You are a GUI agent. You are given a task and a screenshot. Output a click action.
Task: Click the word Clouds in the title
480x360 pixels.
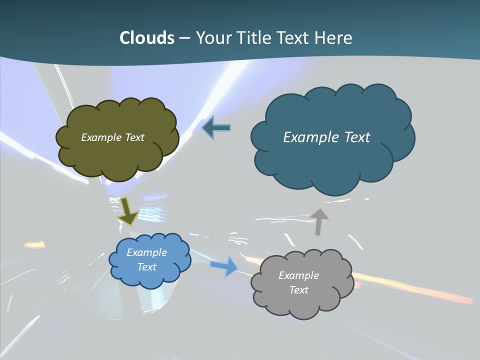click(146, 38)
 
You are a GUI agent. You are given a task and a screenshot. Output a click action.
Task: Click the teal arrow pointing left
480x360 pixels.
click(216, 128)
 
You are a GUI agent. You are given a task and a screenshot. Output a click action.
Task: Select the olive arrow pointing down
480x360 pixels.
click(127, 210)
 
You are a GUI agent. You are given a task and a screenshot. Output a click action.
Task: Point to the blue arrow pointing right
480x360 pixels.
click(224, 265)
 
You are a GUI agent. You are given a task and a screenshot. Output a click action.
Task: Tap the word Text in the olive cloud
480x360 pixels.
click(133, 137)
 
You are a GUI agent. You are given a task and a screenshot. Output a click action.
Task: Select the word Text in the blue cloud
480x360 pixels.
click(147, 267)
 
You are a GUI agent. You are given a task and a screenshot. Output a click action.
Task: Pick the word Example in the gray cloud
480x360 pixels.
click(298, 275)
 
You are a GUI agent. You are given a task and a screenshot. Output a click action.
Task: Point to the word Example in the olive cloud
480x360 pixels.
click(101, 137)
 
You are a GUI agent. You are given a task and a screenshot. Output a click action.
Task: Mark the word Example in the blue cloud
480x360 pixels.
click(147, 252)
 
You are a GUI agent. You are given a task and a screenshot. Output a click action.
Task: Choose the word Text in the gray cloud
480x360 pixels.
click(298, 290)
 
